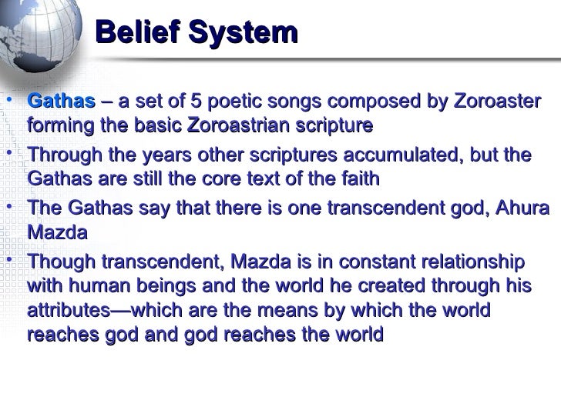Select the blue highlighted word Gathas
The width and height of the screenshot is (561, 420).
click(x=62, y=102)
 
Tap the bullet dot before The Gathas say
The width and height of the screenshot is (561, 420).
click(x=7, y=206)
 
